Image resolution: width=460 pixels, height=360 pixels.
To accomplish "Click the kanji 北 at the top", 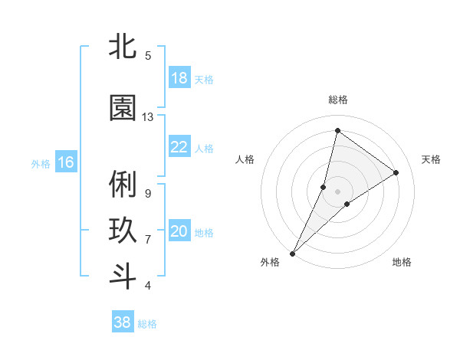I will click(123, 47).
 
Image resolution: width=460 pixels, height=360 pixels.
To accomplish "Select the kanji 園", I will click(123, 109).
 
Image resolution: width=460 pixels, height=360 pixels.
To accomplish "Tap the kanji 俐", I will click(123, 185).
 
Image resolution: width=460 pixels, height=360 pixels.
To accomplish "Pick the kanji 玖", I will click(123, 230).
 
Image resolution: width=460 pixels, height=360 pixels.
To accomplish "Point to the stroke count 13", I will click(148, 117).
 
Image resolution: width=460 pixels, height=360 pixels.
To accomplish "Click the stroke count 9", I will click(147, 193).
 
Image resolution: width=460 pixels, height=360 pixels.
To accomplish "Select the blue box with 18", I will click(179, 78).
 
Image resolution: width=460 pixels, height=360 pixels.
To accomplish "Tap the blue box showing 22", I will click(179, 148).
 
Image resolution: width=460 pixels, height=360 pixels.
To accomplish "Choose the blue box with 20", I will click(179, 232).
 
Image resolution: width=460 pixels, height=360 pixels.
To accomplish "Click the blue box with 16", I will click(65, 162).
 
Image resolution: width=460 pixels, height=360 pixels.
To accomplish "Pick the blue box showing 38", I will click(122, 322).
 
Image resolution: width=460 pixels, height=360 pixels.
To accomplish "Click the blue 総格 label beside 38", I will click(147, 324).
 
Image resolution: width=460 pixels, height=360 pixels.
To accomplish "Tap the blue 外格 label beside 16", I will click(41, 163).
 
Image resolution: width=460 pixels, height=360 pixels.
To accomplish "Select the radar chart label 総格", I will click(337, 100).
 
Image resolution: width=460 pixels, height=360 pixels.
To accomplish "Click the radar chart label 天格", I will click(431, 159).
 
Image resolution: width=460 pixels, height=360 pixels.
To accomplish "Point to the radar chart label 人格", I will click(245, 159).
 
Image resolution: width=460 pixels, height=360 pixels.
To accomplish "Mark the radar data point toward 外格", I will click(292, 253).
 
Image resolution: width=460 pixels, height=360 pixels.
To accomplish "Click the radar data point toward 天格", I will click(396, 172).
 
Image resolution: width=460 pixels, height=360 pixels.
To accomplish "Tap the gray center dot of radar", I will click(337, 191).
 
